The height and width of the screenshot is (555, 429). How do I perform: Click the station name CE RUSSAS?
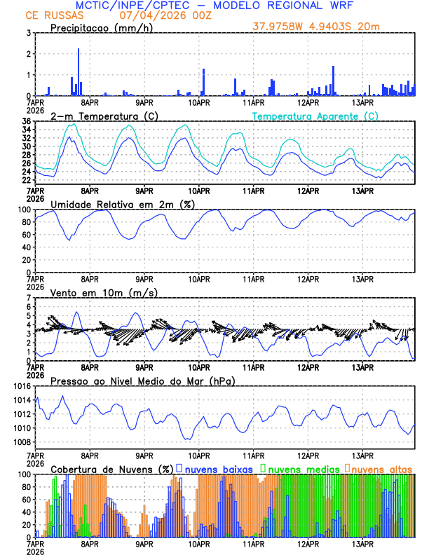pyautogui.click(x=54, y=15)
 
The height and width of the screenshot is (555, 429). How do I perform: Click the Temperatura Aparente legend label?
pyautogui.click(x=315, y=116)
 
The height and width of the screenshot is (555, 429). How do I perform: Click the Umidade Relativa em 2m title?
pyautogui.click(x=123, y=204)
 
